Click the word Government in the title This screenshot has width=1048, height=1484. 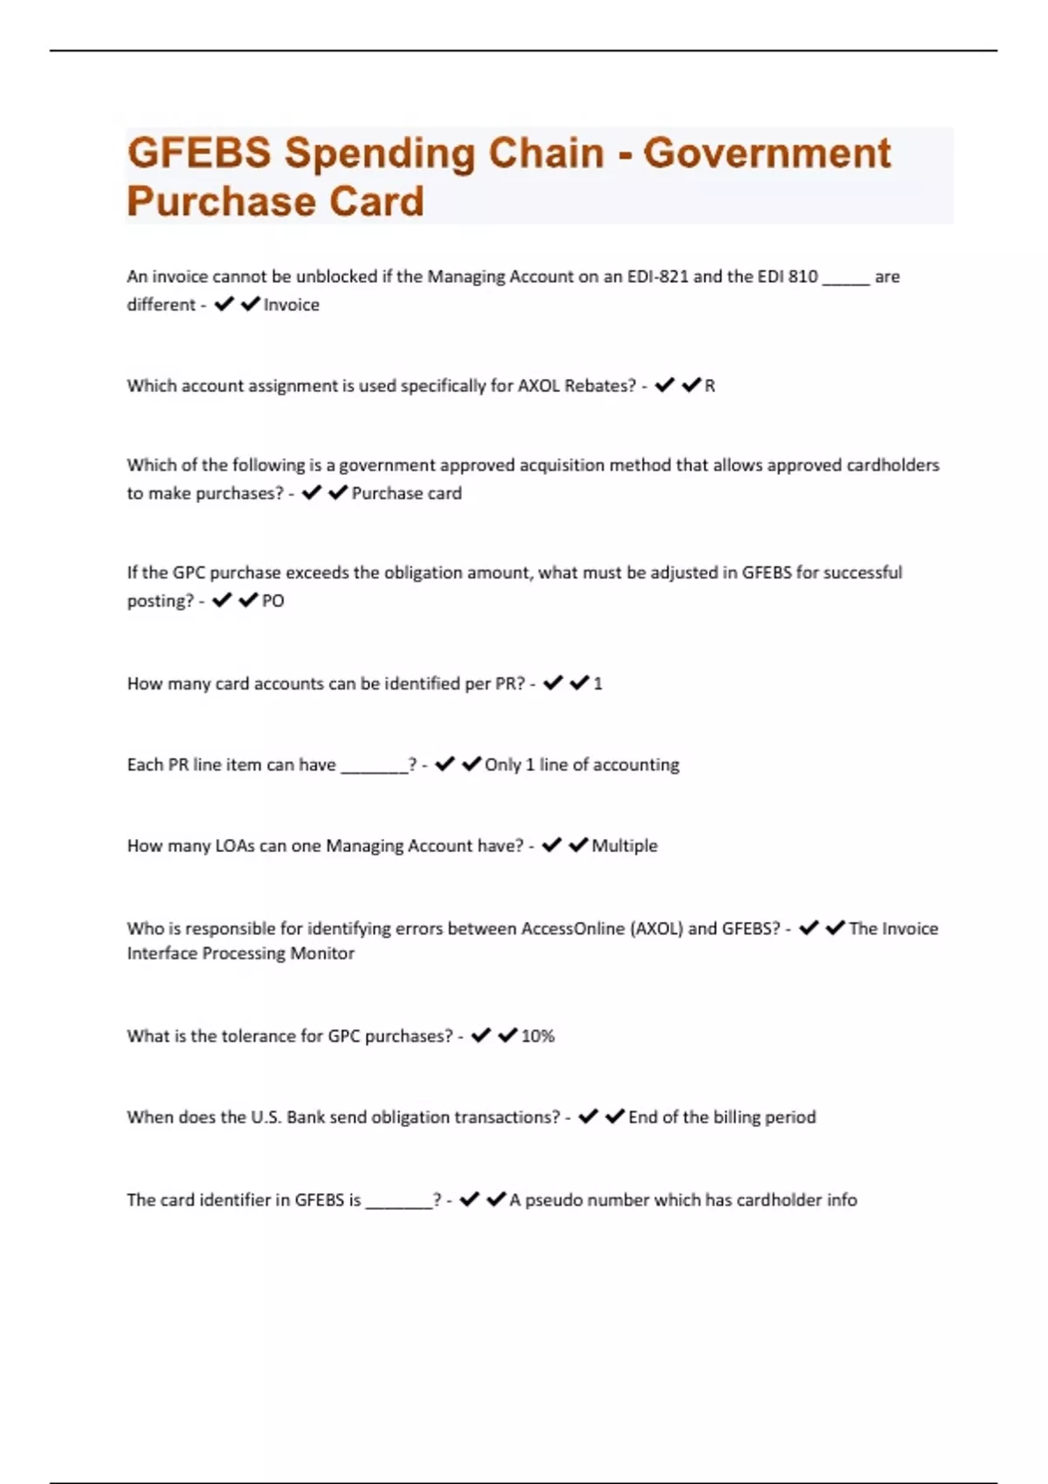click(x=767, y=153)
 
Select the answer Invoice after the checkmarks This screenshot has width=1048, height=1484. click(x=292, y=305)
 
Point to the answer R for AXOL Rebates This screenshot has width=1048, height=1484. click(x=710, y=386)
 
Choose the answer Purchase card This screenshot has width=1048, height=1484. click(x=406, y=493)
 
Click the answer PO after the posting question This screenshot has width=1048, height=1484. click(x=273, y=601)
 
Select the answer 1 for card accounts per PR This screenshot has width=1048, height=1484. click(x=598, y=684)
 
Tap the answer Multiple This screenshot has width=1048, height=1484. click(x=624, y=846)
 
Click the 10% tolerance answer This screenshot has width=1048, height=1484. click(x=538, y=1036)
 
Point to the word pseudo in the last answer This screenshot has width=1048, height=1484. click(x=555, y=1200)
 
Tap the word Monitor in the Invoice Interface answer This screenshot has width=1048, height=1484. click(x=322, y=953)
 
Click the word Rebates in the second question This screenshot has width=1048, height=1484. click(x=602, y=386)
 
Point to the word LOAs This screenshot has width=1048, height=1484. click(x=235, y=846)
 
